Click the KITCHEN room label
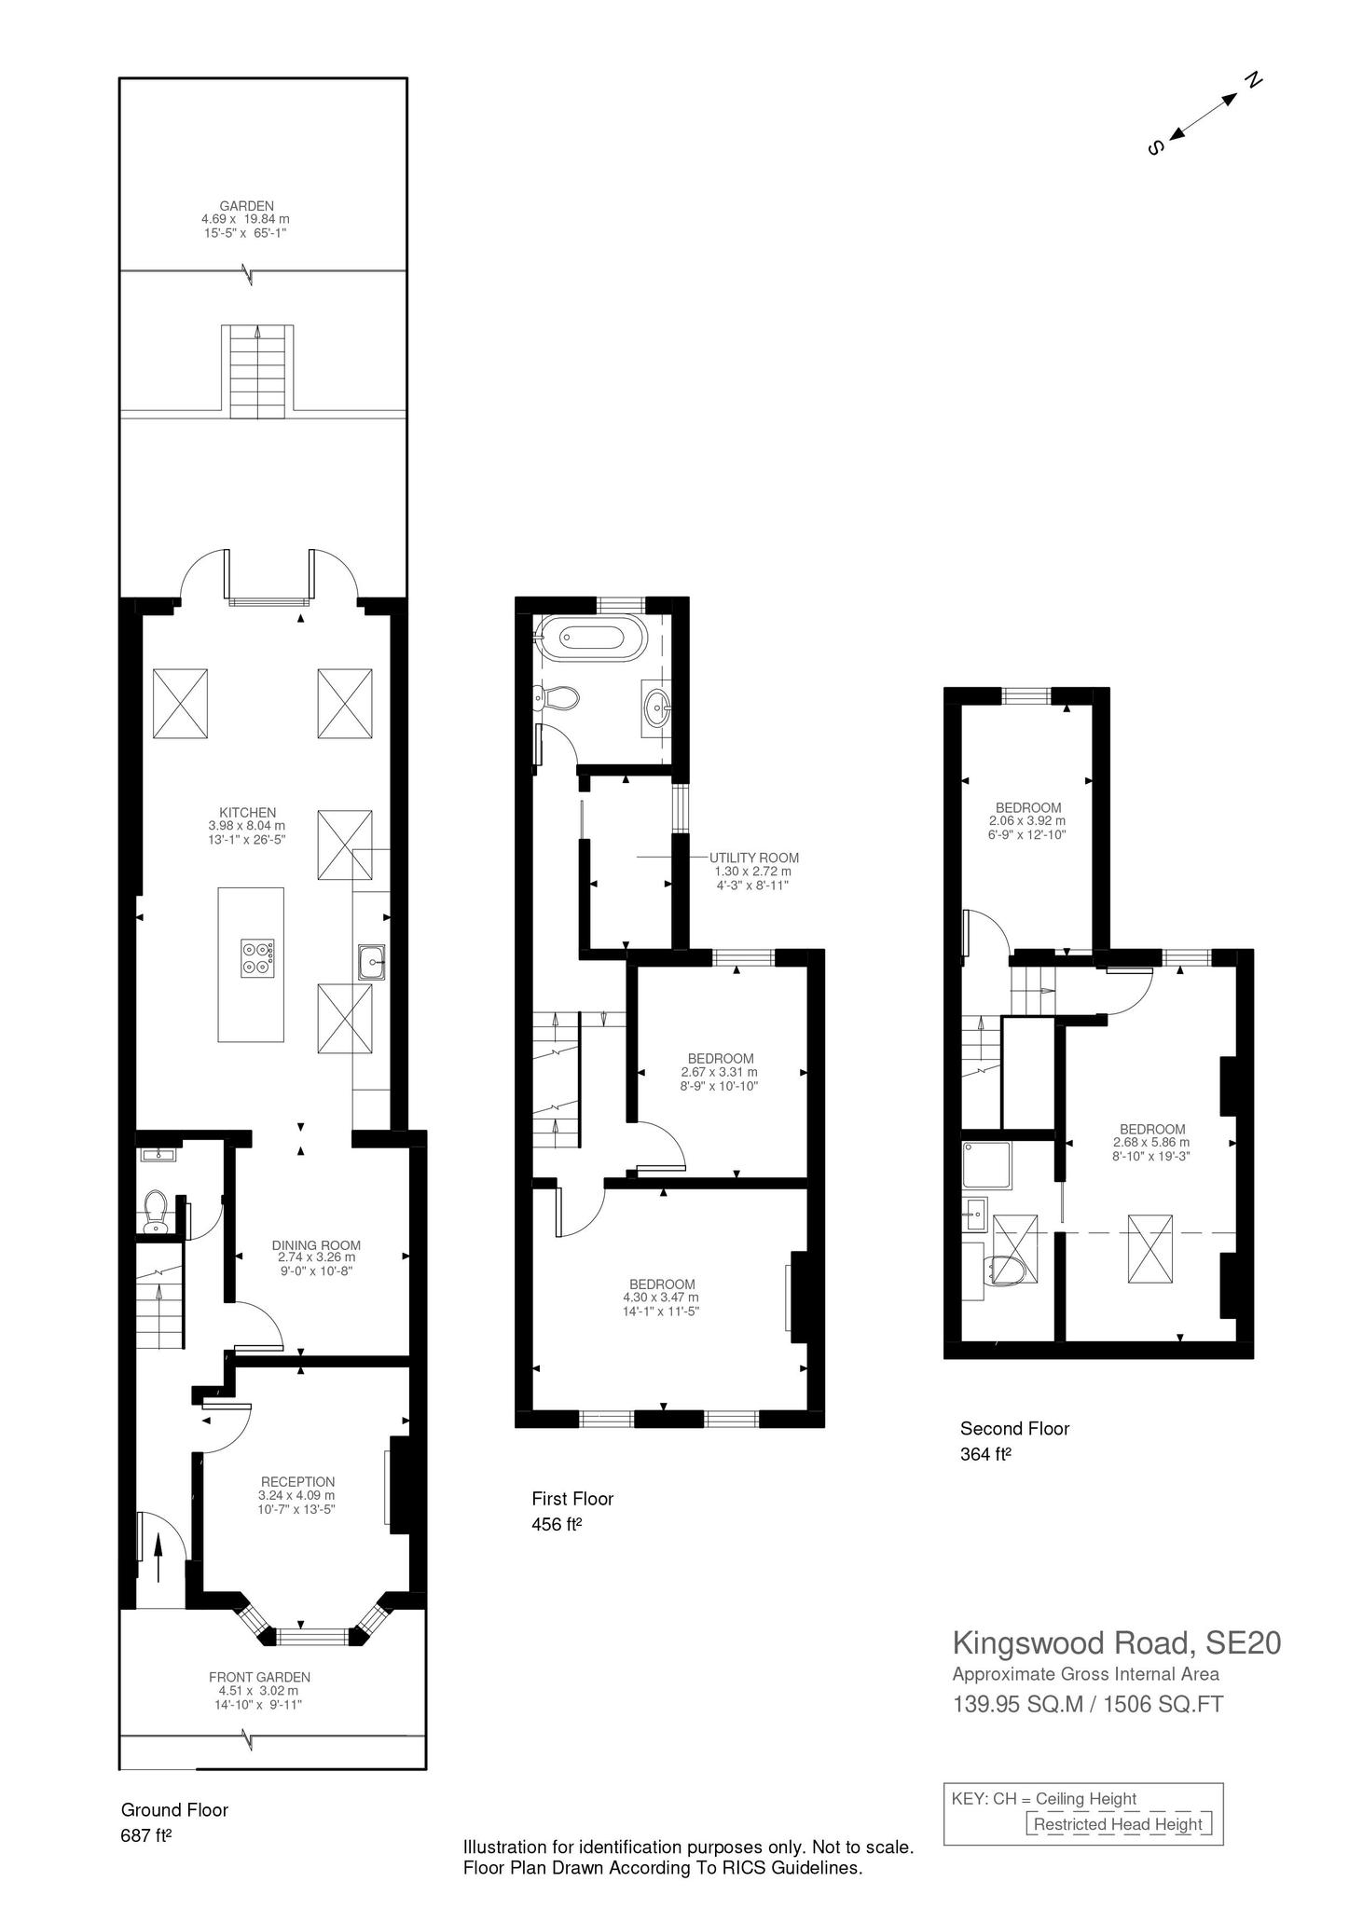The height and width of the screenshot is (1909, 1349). [x=247, y=813]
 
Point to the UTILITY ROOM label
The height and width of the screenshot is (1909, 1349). [x=753, y=858]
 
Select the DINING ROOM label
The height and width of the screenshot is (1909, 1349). [x=316, y=1245]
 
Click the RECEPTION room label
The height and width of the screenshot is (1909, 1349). [x=297, y=1482]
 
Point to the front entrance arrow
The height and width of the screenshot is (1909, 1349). [x=158, y=1557]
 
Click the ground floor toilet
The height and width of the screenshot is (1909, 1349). [x=155, y=1210]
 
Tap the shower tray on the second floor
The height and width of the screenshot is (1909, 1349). [x=987, y=1166]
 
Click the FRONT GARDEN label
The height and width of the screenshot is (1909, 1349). [x=259, y=1677]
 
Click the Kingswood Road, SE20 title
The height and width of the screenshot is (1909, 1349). [x=1116, y=1641]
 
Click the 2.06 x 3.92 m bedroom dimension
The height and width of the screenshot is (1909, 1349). [x=1027, y=821]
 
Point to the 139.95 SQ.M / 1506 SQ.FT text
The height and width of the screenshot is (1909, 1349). [x=1087, y=1704]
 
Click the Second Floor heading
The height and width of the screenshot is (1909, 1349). [x=1014, y=1428]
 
